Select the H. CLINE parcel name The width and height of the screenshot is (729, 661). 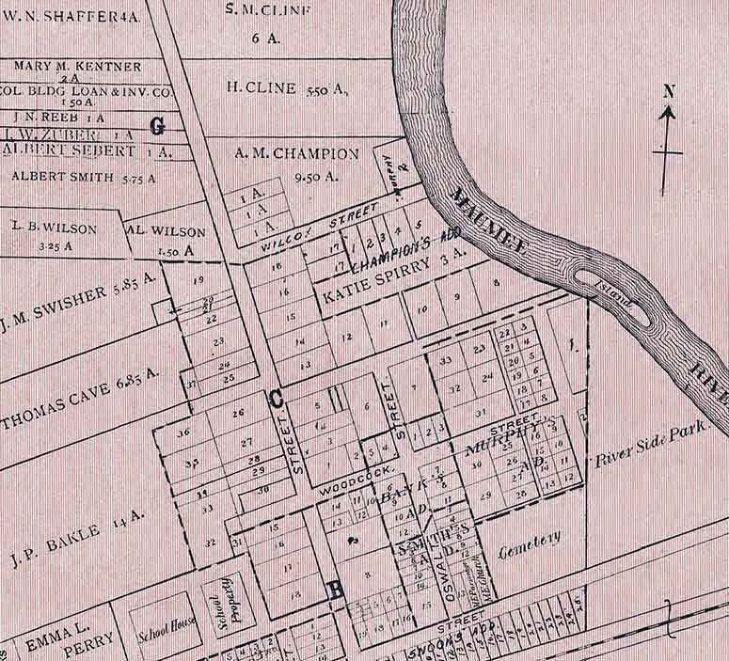tap(262, 89)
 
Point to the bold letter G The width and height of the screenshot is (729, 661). tap(157, 125)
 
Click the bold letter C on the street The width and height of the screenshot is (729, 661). tap(277, 399)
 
